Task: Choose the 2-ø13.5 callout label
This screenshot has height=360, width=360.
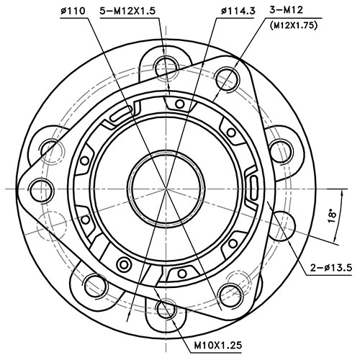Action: (x=329, y=268)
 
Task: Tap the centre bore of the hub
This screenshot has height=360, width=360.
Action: (x=165, y=189)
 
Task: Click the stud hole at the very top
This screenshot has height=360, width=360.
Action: (x=165, y=60)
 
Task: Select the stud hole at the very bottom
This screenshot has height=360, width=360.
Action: (x=165, y=309)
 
